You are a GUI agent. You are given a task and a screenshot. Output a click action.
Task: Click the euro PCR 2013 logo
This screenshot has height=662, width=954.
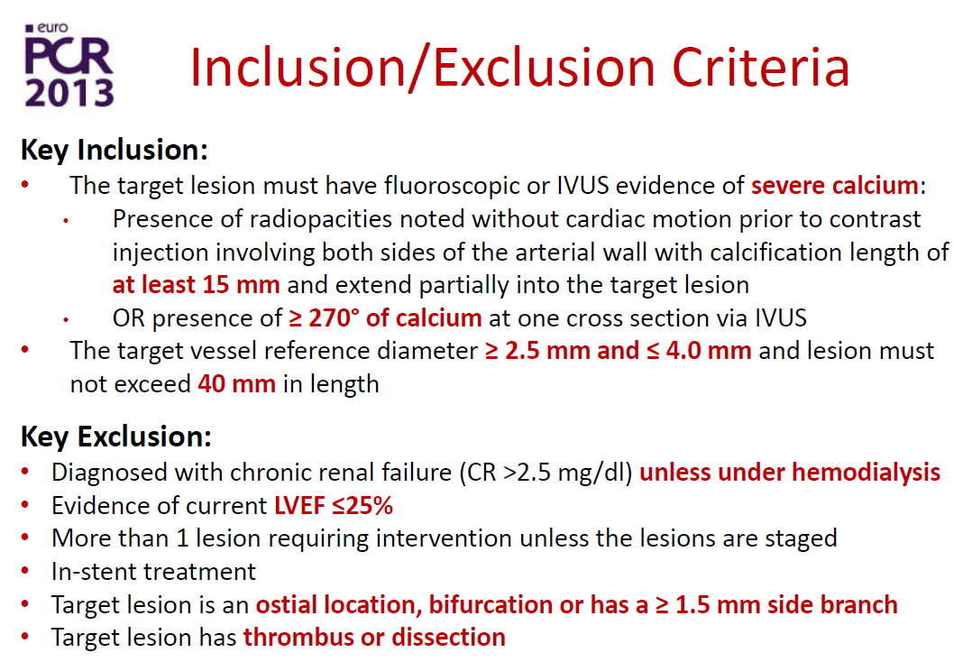[x=69, y=65]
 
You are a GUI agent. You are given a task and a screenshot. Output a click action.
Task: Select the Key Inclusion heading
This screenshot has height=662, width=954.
[x=115, y=151]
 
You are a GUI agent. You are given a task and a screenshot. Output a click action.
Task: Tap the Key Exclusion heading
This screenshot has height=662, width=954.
[x=116, y=437]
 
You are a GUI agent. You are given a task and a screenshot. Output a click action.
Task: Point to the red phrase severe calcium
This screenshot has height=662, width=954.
[x=834, y=185]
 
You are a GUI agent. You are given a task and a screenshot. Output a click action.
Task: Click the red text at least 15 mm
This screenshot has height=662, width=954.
[x=196, y=285]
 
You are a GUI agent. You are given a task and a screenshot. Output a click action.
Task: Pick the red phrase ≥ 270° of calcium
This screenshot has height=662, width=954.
[x=385, y=317]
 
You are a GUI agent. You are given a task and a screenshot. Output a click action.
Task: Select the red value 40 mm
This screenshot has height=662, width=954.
[x=236, y=384]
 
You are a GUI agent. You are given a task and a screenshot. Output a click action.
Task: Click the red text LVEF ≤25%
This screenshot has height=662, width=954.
[x=334, y=506]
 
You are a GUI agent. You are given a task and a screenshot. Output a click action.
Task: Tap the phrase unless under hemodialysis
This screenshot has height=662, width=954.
[x=790, y=473]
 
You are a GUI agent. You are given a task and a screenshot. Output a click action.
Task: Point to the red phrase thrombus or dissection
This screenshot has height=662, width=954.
[x=374, y=637]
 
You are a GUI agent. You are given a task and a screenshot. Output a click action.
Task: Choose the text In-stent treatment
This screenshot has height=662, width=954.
[x=153, y=571]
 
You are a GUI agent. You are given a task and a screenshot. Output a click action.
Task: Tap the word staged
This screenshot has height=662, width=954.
[x=802, y=539]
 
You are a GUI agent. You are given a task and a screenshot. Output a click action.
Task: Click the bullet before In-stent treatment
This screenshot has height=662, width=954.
[x=25, y=571]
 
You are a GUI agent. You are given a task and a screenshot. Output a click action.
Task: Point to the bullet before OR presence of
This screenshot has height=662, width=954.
[x=66, y=319]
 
